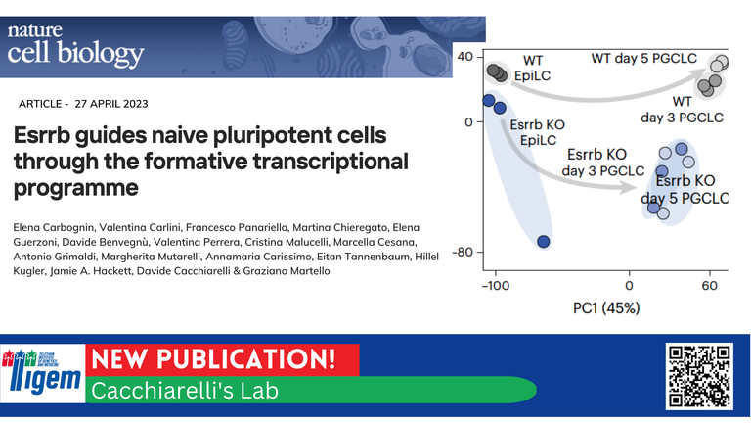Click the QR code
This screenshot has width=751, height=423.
(x=699, y=376)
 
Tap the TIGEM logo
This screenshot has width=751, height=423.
(x=43, y=373)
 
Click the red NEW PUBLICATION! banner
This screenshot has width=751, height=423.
(x=222, y=359)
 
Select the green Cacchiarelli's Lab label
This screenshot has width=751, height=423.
(x=310, y=390)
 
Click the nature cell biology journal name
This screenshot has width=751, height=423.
(x=75, y=46)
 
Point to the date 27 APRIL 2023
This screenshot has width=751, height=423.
(x=111, y=104)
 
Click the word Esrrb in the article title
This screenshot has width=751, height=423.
(x=41, y=135)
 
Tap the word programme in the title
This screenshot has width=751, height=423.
(x=75, y=188)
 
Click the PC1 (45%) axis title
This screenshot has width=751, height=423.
(x=606, y=307)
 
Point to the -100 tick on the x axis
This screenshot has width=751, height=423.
(x=496, y=286)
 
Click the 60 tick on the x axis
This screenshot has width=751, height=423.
(x=709, y=286)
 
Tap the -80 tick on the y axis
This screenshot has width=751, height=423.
(x=463, y=253)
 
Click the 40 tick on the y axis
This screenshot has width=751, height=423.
(x=464, y=57)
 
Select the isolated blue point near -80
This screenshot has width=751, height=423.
(x=543, y=241)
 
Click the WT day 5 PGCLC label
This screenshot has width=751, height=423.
(x=643, y=59)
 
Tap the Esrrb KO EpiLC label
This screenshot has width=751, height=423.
(x=538, y=132)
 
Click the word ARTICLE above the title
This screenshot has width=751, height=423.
(x=40, y=104)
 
